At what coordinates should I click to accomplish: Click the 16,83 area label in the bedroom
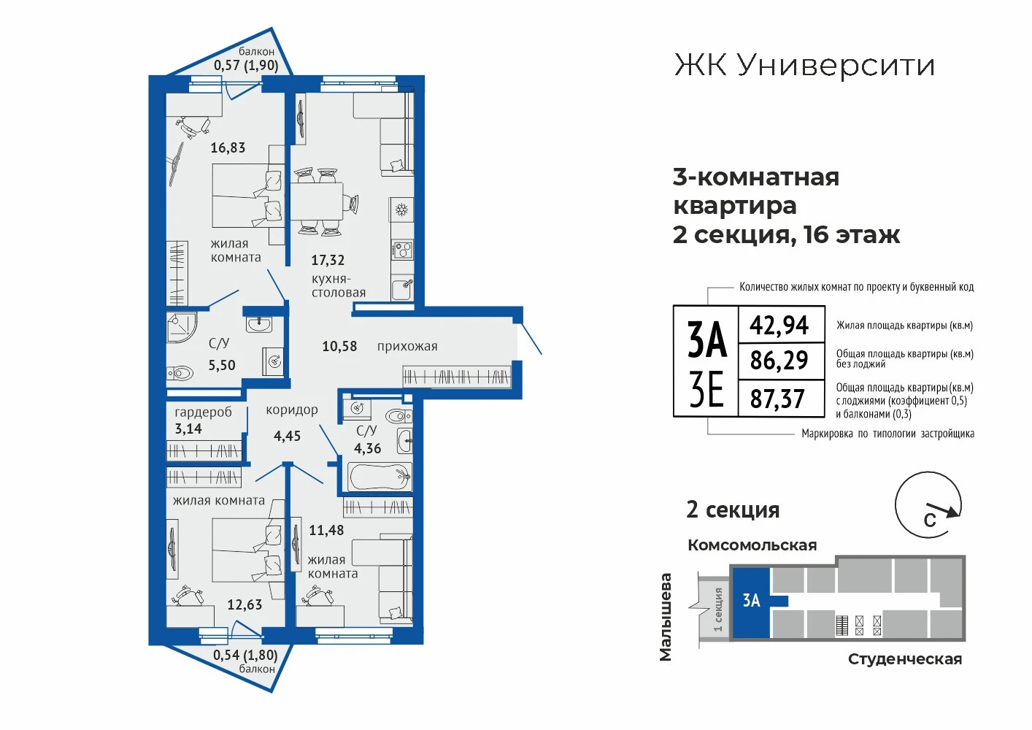pos(228,147)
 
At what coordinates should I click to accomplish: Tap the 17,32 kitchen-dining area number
pos(328,260)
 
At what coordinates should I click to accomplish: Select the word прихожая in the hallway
pos(407,346)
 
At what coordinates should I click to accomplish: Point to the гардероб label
pos(203,412)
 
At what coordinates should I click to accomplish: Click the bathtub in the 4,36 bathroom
pos(380,476)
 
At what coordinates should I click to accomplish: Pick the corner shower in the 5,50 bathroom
pos(182,328)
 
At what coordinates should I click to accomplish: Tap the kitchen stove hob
pos(401,250)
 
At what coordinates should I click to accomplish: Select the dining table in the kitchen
pos(316,201)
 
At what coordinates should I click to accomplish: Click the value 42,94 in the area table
pos(779,325)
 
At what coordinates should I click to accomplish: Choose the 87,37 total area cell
pos(777,399)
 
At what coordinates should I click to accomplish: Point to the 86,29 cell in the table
pos(779,361)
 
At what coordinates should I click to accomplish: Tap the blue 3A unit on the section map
pos(752,603)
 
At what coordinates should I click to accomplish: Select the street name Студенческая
pos(905,659)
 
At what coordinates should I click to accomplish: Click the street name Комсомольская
pos(752,545)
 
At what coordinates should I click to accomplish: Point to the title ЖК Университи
pos(804,66)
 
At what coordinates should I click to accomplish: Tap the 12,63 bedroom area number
pos(244,604)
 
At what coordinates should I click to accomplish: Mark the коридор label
pos(292,410)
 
